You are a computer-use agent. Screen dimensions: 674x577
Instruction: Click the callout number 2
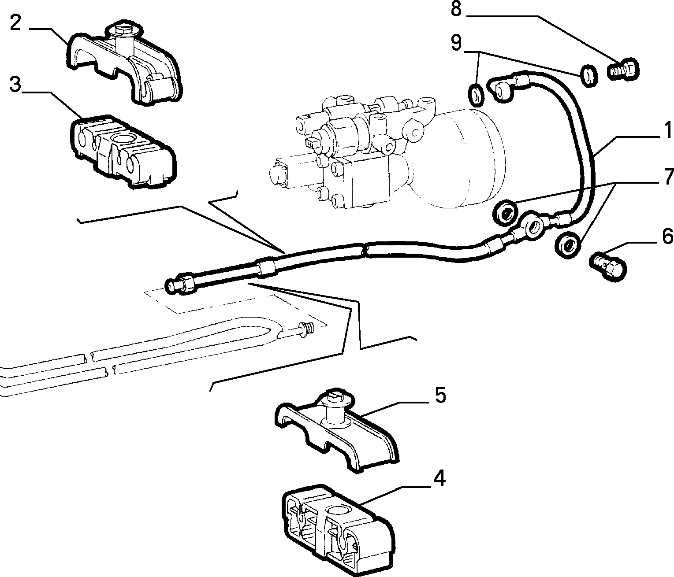16,23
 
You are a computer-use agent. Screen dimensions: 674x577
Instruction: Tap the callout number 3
15,85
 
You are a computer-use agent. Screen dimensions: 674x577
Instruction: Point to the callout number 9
456,43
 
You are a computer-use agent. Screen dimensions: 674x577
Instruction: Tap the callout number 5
440,395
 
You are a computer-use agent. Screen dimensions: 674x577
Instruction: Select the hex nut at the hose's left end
187,283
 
